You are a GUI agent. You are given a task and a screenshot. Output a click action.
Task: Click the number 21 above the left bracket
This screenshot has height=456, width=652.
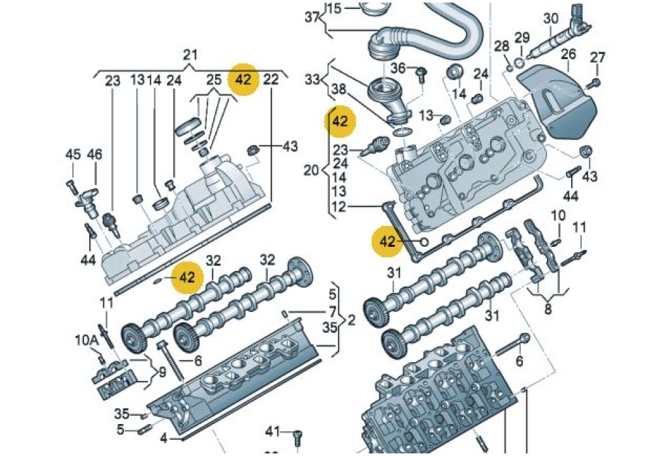190,55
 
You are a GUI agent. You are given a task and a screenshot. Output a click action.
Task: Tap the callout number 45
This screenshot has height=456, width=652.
72,154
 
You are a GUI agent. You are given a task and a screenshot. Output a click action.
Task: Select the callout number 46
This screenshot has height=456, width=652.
95,154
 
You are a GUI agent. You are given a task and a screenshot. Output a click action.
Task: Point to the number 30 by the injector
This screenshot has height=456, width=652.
551,18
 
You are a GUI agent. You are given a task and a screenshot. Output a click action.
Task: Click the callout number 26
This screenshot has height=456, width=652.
568,55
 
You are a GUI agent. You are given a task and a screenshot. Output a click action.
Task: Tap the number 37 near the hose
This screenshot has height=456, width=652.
312,17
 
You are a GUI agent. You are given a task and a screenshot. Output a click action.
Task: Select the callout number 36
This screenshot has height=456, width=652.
398,68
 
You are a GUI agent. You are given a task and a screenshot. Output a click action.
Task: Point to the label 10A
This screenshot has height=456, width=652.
86,341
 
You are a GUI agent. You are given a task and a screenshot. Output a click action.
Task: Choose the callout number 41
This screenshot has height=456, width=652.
273,431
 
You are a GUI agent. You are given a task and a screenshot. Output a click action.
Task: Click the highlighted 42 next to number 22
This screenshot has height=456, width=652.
244,79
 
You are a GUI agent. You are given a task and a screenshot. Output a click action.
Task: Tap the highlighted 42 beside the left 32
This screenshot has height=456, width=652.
187,277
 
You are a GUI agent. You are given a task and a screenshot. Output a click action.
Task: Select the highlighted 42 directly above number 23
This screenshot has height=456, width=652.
340,121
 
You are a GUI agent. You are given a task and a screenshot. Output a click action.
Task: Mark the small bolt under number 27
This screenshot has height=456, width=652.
595,83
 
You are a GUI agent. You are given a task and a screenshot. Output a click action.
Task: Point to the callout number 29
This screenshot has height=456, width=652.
522,36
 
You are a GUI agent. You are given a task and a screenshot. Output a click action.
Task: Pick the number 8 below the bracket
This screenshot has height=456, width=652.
548,309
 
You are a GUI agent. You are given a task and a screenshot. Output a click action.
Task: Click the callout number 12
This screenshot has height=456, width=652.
338,207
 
